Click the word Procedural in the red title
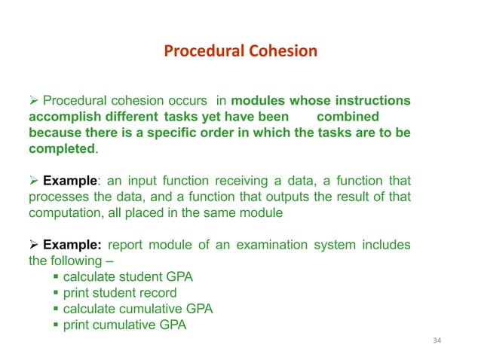point(201,52)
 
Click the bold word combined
point(348,117)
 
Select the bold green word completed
point(63,149)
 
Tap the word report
point(127,246)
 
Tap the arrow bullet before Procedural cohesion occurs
point(33,102)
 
